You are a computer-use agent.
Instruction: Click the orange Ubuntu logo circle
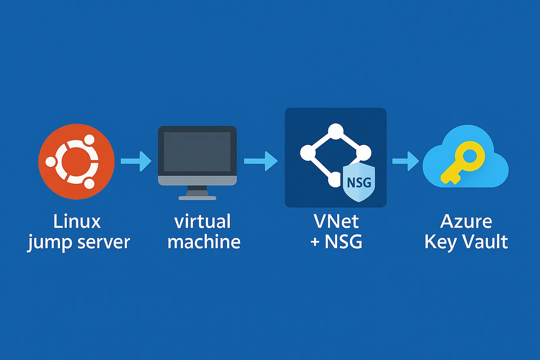coord(76,161)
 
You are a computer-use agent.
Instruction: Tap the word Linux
coord(77,222)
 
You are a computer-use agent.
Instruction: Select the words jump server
coord(79,242)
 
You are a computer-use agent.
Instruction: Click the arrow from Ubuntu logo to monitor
coord(136,161)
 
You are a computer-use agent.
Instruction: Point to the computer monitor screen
coord(197,152)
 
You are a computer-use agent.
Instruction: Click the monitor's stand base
coord(197,197)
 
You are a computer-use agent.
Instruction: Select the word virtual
coord(202,222)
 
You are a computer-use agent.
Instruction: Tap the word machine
coord(204,242)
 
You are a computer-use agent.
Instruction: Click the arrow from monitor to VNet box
coord(260,161)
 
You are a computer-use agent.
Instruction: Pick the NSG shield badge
coord(359,183)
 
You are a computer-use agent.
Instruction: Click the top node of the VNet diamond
coord(336,132)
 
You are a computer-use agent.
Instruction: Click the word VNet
coord(336,222)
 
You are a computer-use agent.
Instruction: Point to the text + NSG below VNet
coord(336,242)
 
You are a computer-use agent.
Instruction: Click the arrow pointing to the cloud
coord(405,161)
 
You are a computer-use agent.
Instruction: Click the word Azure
coord(466,222)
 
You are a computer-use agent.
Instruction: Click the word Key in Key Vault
coord(440,242)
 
